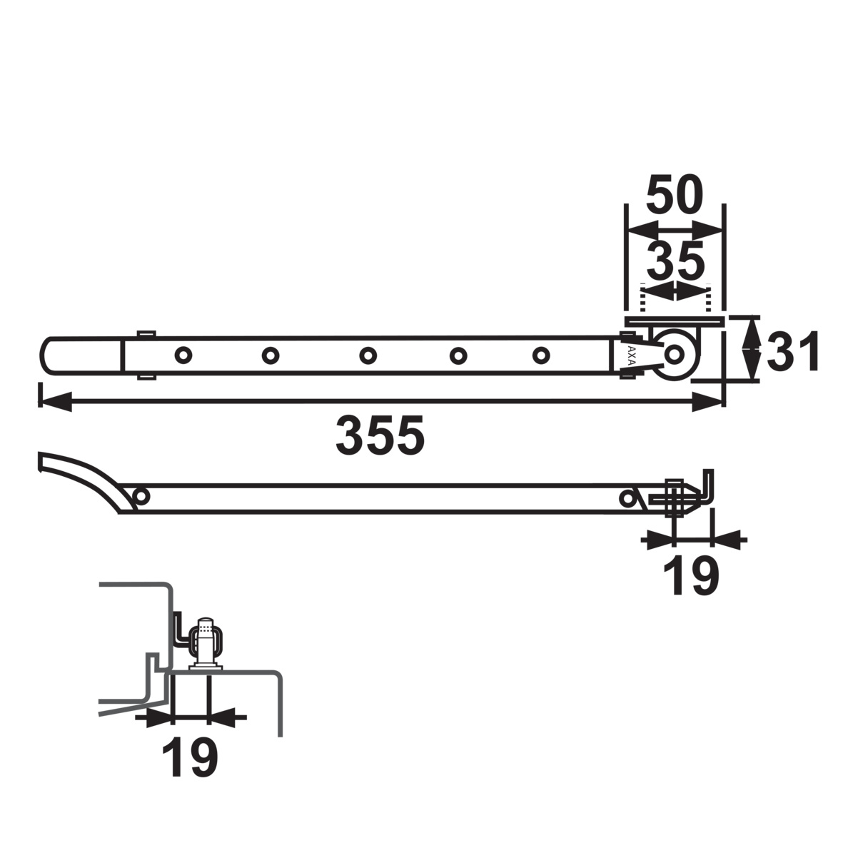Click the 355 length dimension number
click(x=380, y=435)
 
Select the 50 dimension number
click(x=675, y=195)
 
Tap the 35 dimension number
click(x=675, y=261)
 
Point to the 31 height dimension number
click(x=792, y=352)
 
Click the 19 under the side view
click(x=691, y=576)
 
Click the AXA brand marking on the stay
click(x=631, y=355)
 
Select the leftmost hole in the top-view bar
click(x=183, y=355)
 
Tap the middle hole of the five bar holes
click(x=368, y=355)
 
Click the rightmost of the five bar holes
click(x=541, y=355)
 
